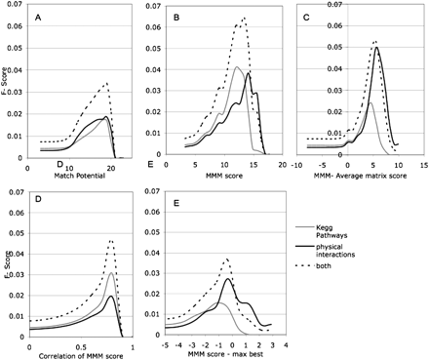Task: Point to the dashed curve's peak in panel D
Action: click(x=112, y=240)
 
